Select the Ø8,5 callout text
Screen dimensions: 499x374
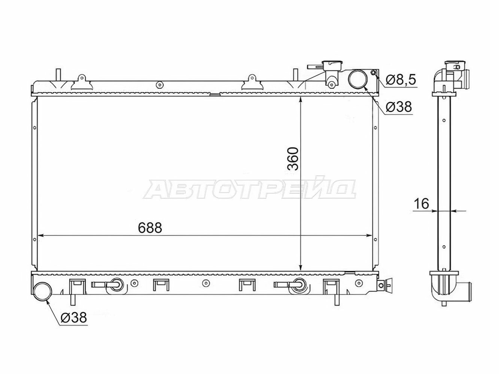(x=401, y=80)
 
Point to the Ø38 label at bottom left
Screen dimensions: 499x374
(x=74, y=317)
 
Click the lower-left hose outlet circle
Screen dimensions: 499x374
(x=42, y=291)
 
